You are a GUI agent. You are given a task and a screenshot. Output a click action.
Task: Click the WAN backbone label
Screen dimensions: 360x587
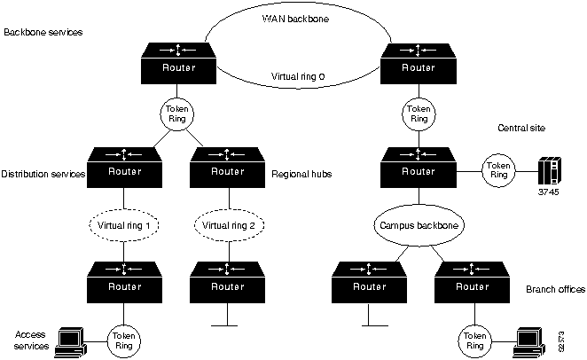[x=296, y=17]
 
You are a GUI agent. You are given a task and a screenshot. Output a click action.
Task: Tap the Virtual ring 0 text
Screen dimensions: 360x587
[x=297, y=77]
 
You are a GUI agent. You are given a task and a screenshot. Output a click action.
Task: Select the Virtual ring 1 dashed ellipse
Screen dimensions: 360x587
[x=126, y=225]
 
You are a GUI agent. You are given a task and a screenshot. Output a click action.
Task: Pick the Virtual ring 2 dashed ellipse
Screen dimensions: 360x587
[x=230, y=225]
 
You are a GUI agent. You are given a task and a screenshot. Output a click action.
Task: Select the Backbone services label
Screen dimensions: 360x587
[x=43, y=32]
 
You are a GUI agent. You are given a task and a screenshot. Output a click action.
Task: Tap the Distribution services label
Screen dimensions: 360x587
[x=43, y=174]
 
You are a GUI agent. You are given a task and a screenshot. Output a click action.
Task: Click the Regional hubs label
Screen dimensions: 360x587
[x=301, y=174]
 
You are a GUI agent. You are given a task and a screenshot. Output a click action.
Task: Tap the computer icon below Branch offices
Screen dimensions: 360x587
[x=530, y=339]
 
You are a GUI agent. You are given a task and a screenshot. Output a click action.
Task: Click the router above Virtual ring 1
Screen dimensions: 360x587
[x=125, y=166]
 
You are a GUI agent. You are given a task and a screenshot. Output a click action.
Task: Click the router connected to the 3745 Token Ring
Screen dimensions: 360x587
[x=418, y=166]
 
